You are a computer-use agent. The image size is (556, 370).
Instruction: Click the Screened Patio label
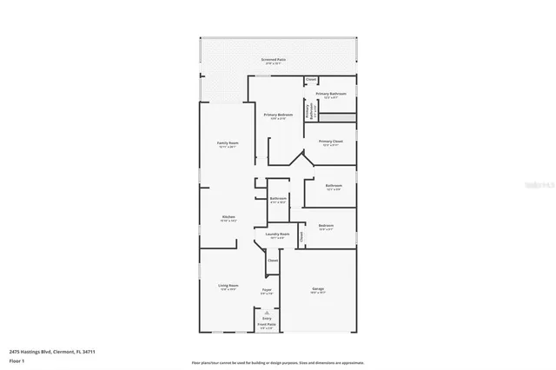tap(275, 60)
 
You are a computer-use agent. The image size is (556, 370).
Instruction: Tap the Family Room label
tap(228, 143)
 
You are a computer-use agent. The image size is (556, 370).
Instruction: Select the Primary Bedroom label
tap(278, 116)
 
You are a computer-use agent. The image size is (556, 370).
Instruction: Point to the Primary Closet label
tap(331, 142)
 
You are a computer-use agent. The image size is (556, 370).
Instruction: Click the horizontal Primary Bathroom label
tap(331, 94)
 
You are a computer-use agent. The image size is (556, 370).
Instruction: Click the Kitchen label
tap(228, 218)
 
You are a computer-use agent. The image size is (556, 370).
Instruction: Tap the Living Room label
tap(228, 287)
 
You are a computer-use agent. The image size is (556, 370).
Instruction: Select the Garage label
tap(318, 289)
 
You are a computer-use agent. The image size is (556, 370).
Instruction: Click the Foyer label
tap(267, 291)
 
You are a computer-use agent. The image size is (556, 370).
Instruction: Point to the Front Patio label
tap(267, 326)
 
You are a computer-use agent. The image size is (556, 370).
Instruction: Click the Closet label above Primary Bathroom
tap(311, 80)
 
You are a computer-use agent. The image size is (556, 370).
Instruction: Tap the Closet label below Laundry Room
tap(273, 260)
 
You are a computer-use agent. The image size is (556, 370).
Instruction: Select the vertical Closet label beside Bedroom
tap(301, 235)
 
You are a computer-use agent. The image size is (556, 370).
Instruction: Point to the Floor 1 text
tap(17, 360)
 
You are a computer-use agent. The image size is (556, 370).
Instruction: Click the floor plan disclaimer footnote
tap(278, 362)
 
